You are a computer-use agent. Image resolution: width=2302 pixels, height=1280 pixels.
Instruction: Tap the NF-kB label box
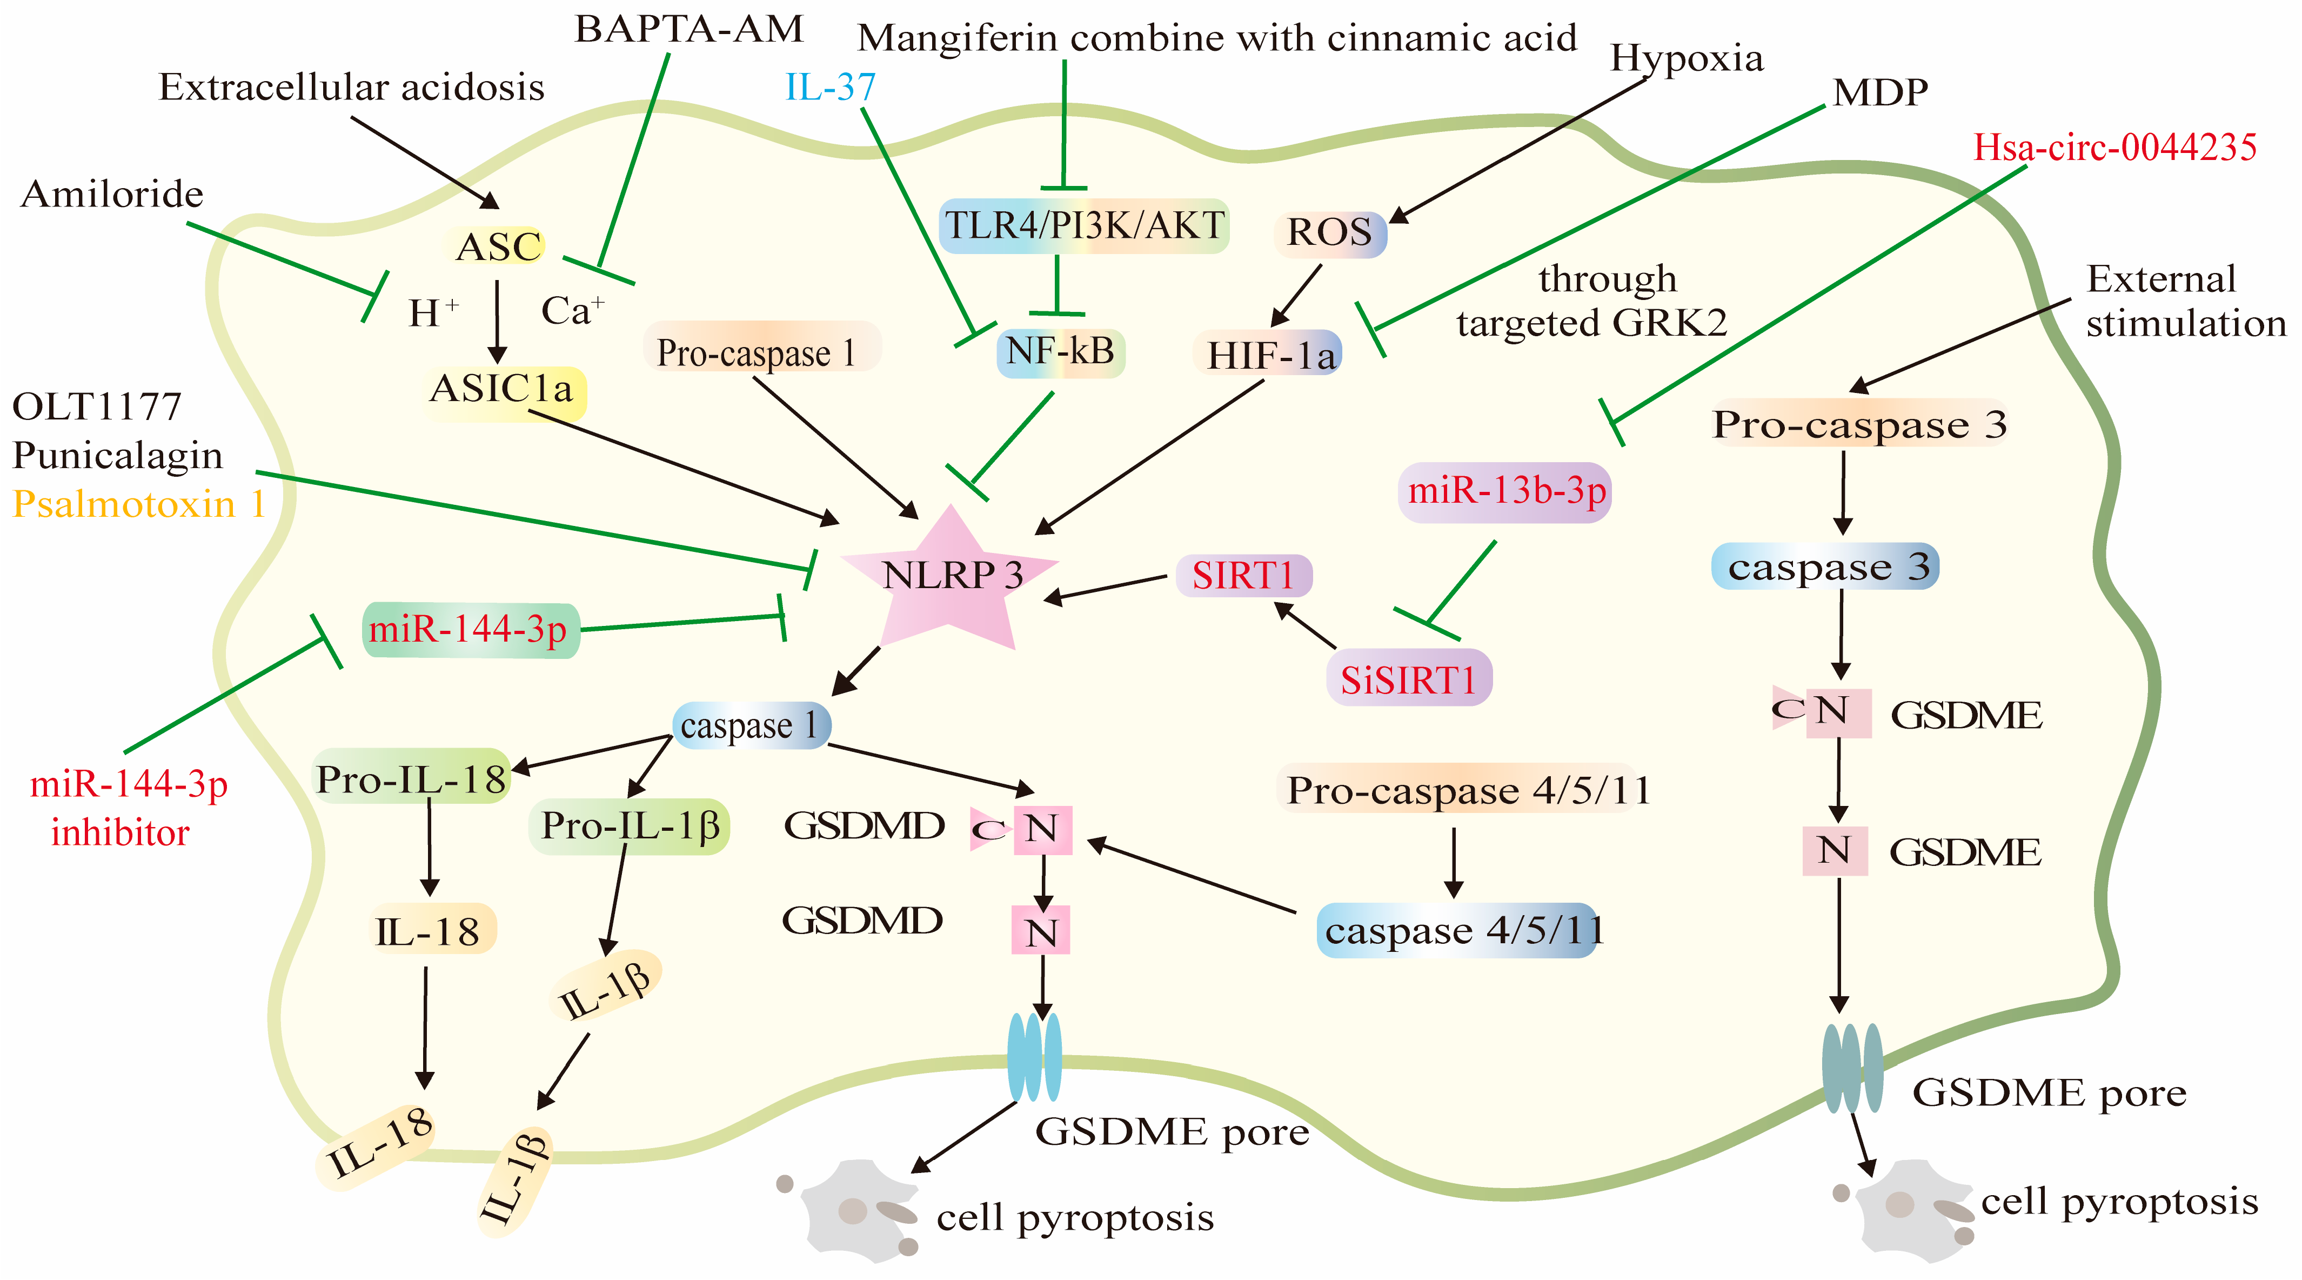click(1060, 351)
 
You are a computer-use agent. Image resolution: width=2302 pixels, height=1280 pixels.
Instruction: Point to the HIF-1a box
click(1269, 355)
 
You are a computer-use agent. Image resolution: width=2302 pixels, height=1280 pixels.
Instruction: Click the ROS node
click(1330, 234)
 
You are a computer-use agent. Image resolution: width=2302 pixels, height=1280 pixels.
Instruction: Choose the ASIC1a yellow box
click(503, 391)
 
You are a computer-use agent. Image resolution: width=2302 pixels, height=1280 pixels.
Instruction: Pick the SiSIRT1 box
click(1408, 680)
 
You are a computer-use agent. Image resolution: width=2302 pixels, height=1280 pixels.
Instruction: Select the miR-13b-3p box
click(1506, 491)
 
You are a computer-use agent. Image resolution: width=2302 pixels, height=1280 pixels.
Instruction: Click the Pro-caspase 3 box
click(1859, 424)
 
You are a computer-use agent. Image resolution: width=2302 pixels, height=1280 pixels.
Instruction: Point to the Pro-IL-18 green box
click(412, 778)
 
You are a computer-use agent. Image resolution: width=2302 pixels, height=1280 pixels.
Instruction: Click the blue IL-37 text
click(830, 86)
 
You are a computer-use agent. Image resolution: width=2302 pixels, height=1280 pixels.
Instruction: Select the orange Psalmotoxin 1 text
click(138, 504)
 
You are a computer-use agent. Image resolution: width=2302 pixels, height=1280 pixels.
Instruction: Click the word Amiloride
click(112, 194)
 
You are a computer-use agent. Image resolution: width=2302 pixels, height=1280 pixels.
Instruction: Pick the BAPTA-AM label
click(688, 30)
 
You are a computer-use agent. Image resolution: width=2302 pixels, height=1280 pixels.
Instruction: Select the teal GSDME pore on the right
click(1852, 1068)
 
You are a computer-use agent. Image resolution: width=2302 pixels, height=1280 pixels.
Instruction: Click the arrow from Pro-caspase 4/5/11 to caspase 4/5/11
click(1454, 863)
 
